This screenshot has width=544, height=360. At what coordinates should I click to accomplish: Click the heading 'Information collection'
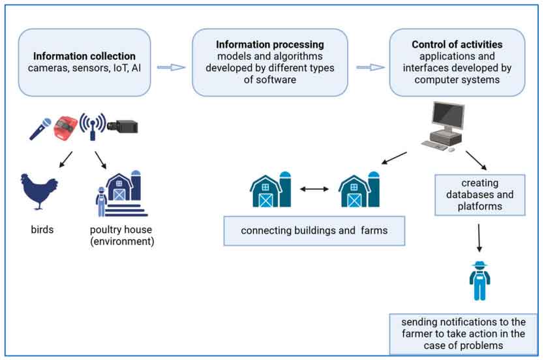pos(84,56)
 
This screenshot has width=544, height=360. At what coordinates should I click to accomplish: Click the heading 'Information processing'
pos(270,45)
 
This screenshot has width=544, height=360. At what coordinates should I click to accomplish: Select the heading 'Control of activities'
pos(457,45)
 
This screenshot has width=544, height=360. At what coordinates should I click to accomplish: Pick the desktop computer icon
pos(443,127)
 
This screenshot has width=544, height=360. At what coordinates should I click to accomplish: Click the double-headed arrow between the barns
pos(314,189)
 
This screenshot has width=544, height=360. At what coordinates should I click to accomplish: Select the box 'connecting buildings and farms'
pos(314,231)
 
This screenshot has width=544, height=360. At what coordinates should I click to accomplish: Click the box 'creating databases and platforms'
pos(479,194)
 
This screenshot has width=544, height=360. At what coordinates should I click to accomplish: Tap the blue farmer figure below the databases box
pos(479,280)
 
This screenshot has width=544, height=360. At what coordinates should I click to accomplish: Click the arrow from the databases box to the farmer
pos(479,238)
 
